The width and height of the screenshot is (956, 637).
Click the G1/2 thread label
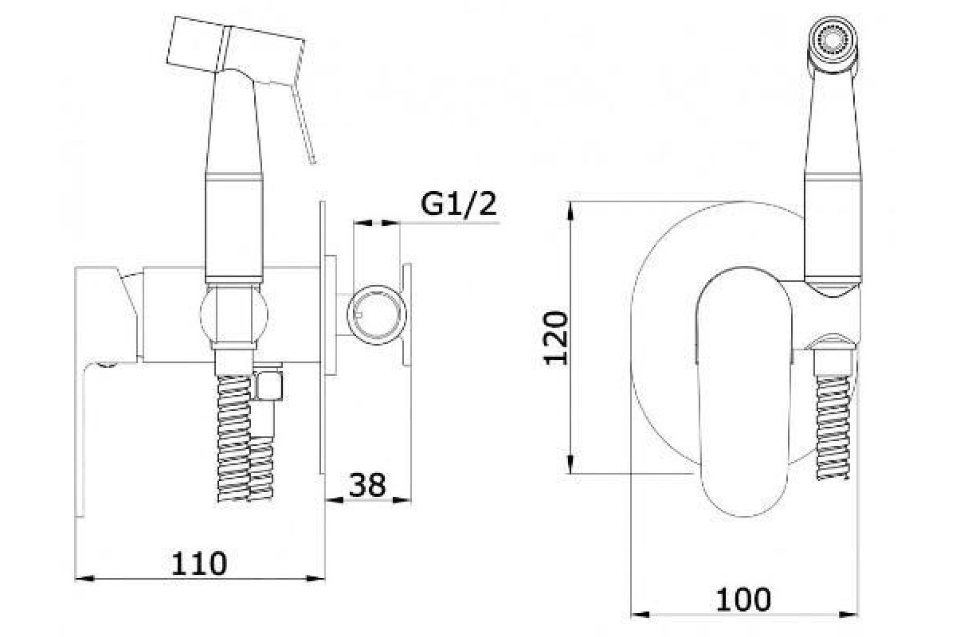[459, 205]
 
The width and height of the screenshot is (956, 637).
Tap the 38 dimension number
[367, 485]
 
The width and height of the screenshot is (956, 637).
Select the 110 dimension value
[199, 563]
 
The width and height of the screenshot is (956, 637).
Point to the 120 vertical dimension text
[556, 338]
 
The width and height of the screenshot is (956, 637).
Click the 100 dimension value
[743, 600]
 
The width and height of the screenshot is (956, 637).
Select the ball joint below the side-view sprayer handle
[234, 315]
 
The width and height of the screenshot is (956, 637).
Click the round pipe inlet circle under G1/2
[376, 315]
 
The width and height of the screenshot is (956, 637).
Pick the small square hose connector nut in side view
[268, 385]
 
